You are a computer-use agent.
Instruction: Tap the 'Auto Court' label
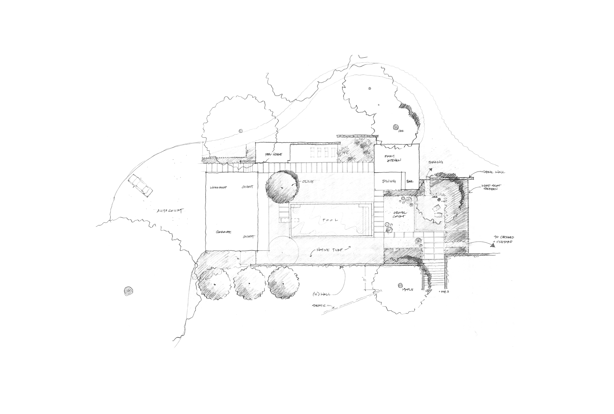click(170, 211)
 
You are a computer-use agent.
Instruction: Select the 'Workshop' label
click(218, 187)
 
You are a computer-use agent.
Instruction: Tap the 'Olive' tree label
click(308, 182)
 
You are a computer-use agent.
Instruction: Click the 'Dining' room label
click(389, 181)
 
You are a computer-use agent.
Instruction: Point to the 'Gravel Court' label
click(400, 215)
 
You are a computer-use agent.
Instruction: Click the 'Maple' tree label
click(408, 290)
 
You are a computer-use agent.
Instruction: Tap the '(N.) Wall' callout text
click(321, 294)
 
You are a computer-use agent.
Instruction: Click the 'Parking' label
click(436, 162)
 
